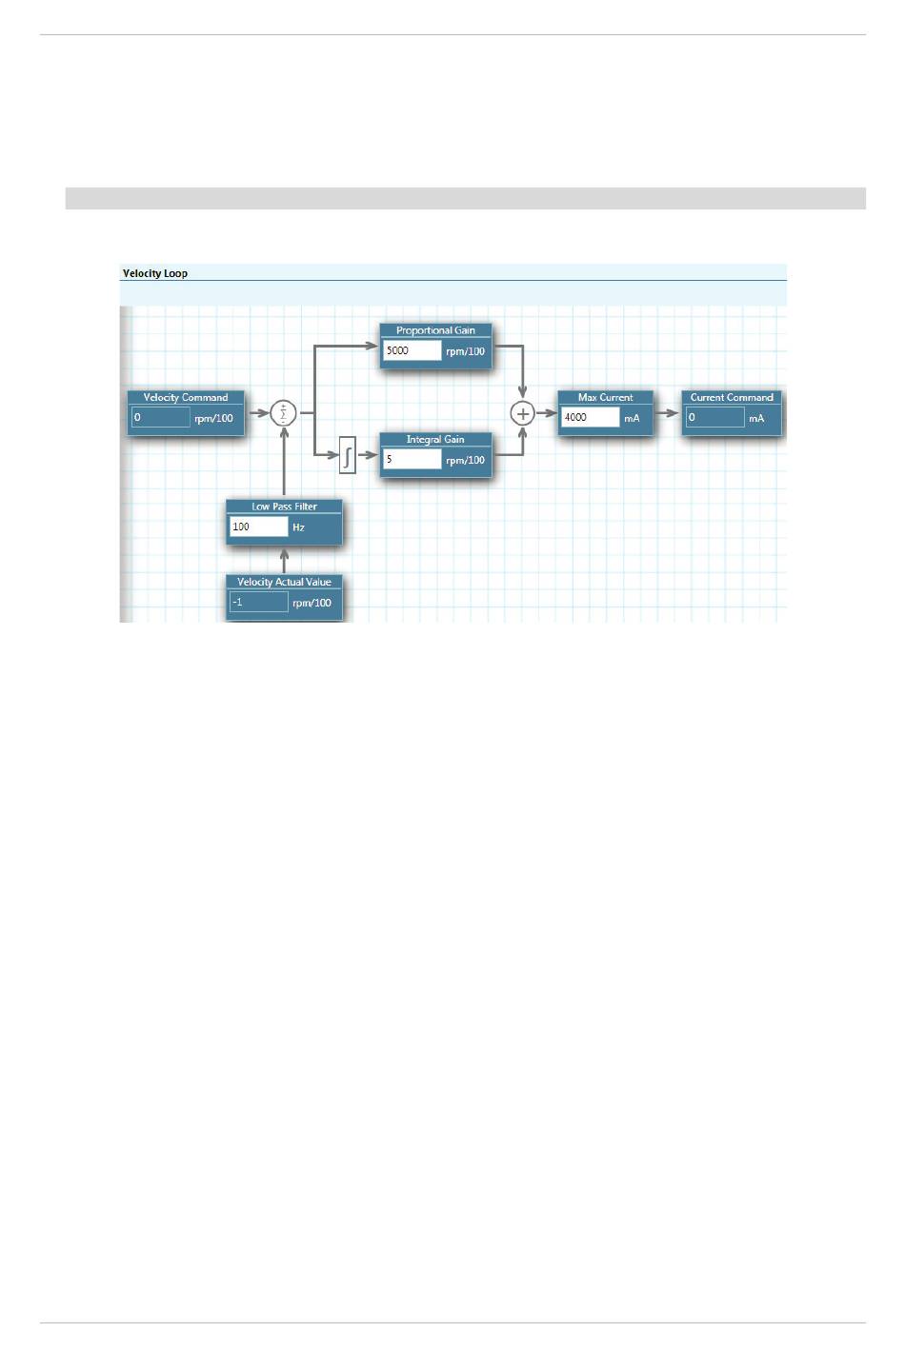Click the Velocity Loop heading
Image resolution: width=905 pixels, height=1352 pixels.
point(155,273)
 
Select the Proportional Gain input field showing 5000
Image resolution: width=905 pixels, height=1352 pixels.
point(412,351)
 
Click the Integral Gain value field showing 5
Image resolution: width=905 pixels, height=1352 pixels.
point(412,460)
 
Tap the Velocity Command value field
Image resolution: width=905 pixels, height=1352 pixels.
point(160,418)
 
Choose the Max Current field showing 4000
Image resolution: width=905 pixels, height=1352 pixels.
point(590,418)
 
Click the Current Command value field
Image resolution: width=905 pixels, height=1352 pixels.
point(714,418)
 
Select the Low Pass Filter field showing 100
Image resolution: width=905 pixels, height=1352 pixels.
point(258,527)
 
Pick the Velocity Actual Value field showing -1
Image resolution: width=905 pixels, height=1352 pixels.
point(258,603)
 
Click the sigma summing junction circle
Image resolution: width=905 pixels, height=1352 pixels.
point(284,413)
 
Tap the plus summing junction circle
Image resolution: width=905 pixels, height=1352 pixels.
point(522,413)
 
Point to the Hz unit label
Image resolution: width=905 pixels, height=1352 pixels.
point(298,527)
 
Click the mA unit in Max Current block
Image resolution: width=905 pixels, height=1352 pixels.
point(632,419)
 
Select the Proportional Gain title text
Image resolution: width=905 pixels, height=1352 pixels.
point(435,330)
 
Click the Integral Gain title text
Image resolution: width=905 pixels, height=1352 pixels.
point(435,440)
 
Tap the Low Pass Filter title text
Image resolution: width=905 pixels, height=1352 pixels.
point(284,507)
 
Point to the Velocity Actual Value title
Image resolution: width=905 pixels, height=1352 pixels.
point(284,582)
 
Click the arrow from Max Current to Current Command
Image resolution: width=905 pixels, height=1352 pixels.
point(667,413)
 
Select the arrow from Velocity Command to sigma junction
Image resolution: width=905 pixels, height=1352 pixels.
point(258,413)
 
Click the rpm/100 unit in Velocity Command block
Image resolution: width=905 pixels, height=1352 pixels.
point(213,419)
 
